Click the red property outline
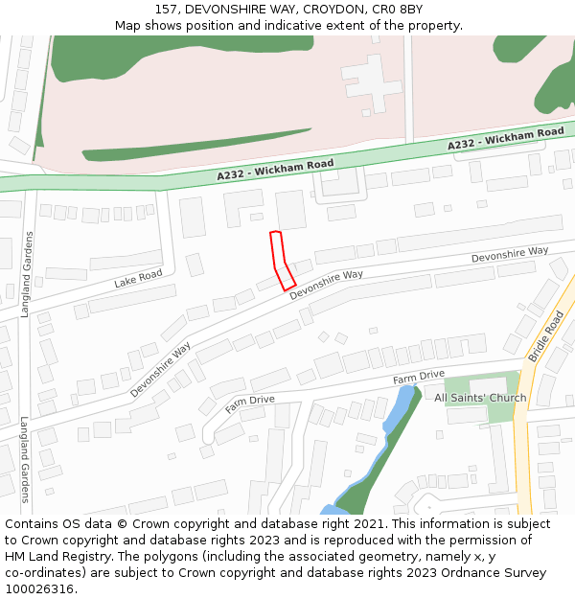pyautogui.click(x=282, y=260)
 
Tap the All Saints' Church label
pyautogui.click(x=480, y=398)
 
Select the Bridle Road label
pyautogui.click(x=545, y=335)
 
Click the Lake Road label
pyautogui.click(x=138, y=278)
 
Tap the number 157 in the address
pyautogui.click(x=167, y=10)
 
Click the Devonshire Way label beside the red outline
pyautogui.click(x=326, y=284)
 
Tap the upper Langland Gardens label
pyautogui.click(x=29, y=274)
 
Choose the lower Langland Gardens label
pyautogui.click(x=26, y=458)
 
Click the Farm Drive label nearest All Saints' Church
pyautogui.click(x=418, y=377)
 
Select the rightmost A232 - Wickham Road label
pyautogui.click(x=505, y=138)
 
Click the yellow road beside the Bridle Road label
pyautogui.click(x=523, y=431)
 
